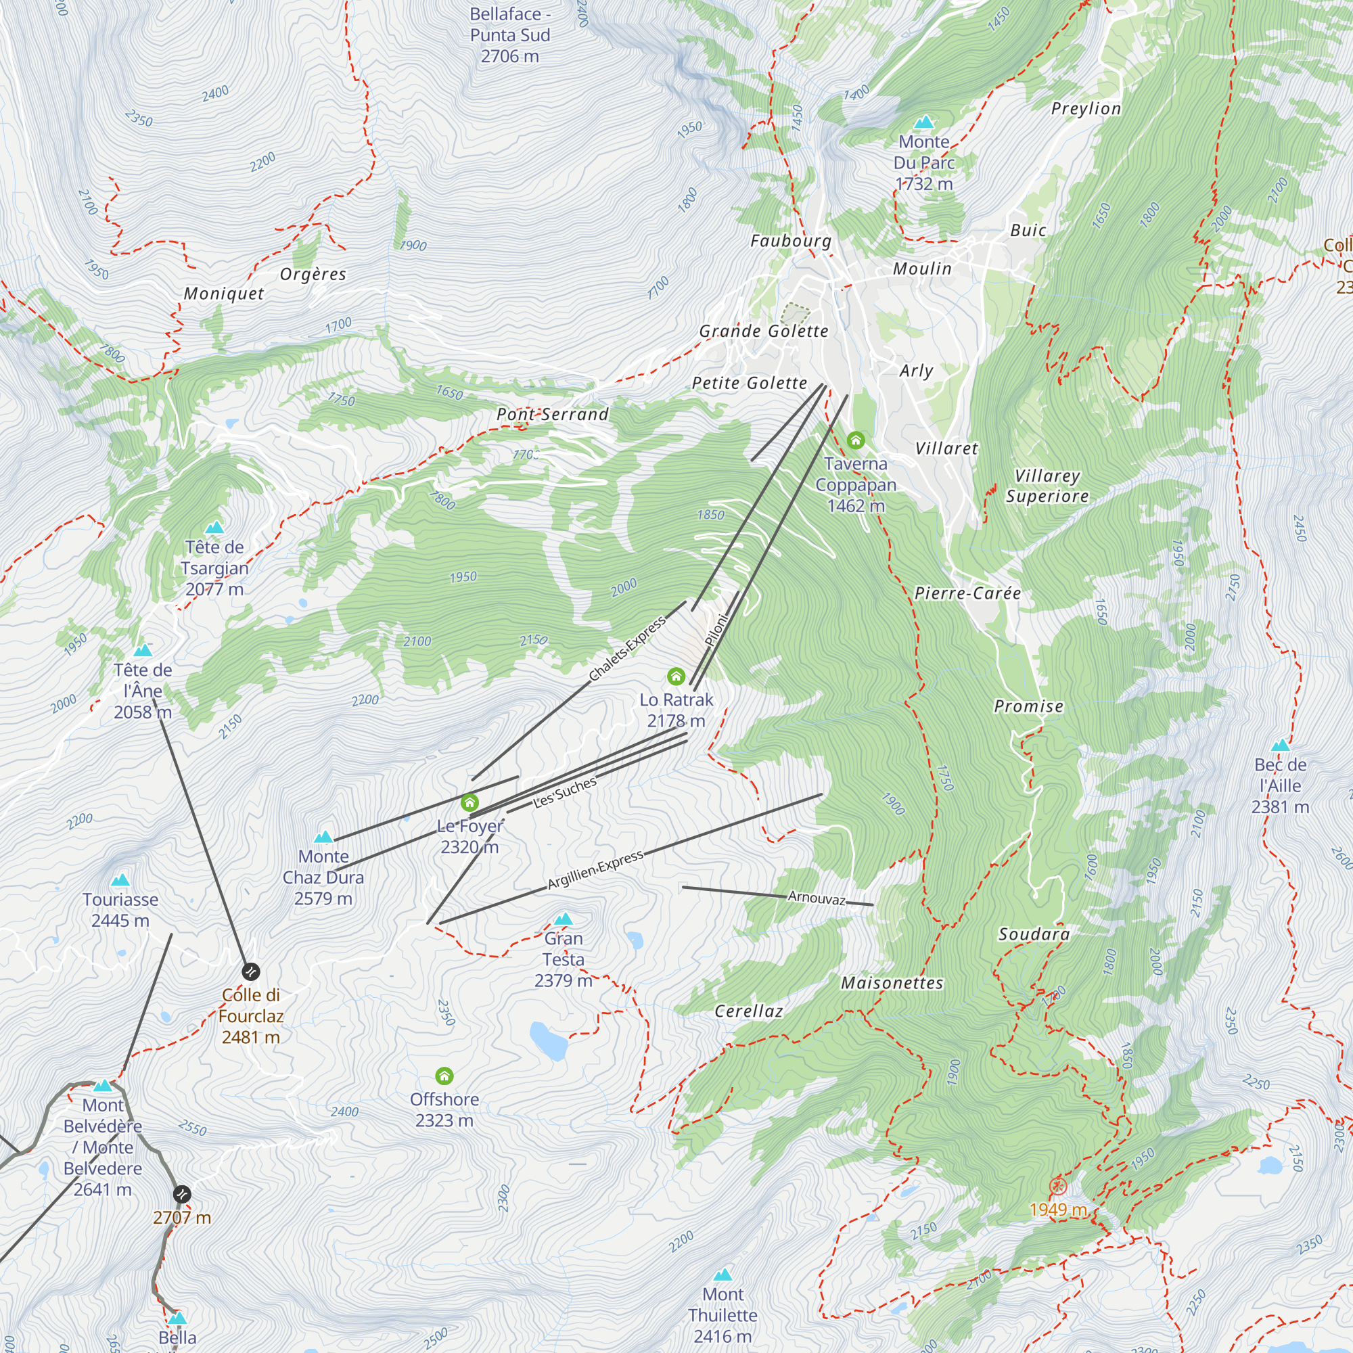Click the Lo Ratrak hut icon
[676, 676]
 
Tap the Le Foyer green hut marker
[469, 802]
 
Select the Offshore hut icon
[444, 1076]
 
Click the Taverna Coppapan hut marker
[855, 440]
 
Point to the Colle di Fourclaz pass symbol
[251, 971]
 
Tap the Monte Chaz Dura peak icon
[323, 837]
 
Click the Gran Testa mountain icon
[563, 919]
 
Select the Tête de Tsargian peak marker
[214, 528]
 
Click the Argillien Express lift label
[595, 870]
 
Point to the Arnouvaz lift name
[817, 898]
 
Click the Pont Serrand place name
[553, 415]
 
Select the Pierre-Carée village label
[967, 594]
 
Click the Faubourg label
[791, 242]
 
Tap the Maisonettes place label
[892, 983]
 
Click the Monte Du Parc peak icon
[923, 122]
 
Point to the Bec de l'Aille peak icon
[1280, 745]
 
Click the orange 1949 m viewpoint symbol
[1057, 1187]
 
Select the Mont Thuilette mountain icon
[722, 1275]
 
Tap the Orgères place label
[313, 275]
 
